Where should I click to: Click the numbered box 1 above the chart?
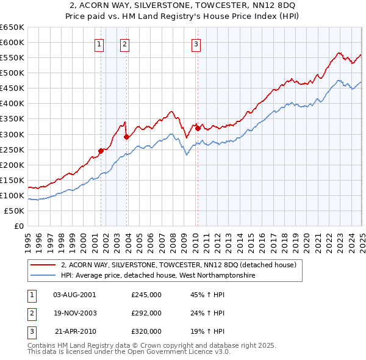[99, 43]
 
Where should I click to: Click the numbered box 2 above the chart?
[124, 43]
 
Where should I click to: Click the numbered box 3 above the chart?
[196, 43]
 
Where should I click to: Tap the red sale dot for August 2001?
[101, 151]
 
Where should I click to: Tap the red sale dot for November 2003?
[126, 137]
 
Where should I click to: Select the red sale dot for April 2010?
[198, 128]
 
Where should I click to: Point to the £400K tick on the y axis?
[12, 104]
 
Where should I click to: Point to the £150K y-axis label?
[12, 180]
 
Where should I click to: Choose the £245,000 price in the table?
[146, 295]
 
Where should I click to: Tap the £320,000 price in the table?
[146, 331]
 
